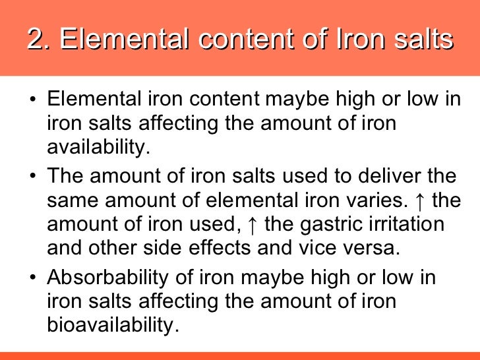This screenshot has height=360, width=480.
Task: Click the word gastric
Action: [335, 224]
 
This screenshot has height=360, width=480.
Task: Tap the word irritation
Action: [410, 224]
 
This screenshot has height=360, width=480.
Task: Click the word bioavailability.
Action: [113, 325]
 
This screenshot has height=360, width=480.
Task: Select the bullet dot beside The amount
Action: [33, 177]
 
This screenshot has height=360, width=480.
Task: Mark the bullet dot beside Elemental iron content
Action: [33, 102]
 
